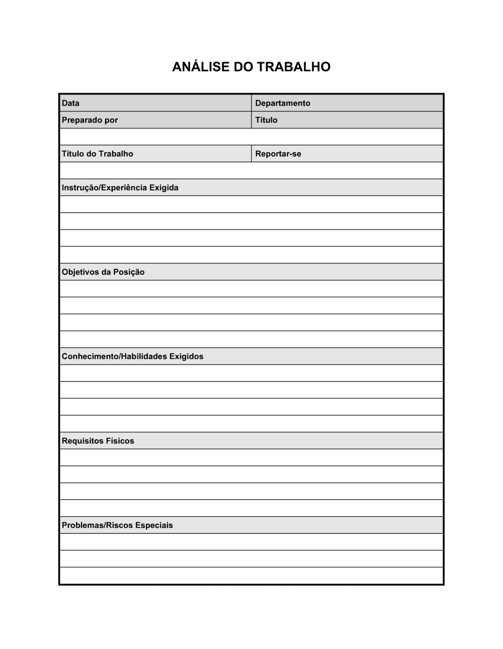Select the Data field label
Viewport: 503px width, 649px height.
[x=70, y=103]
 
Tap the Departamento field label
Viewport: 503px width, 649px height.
[x=283, y=103]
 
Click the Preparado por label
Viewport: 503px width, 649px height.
[x=90, y=120]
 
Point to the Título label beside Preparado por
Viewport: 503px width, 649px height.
[x=266, y=120]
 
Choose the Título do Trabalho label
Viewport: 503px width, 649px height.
[x=98, y=154]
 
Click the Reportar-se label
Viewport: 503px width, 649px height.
[x=278, y=154]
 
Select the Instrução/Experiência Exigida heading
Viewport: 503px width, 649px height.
[x=120, y=188]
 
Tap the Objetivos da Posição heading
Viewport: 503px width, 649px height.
[x=103, y=272]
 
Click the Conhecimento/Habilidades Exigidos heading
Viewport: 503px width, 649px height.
[x=133, y=357]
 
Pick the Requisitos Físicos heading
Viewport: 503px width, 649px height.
[x=98, y=441]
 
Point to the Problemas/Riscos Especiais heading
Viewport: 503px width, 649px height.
[x=117, y=525]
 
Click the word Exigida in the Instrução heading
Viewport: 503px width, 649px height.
[x=164, y=188]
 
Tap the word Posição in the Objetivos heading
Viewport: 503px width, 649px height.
[x=129, y=272]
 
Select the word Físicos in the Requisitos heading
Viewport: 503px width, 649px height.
[x=120, y=441]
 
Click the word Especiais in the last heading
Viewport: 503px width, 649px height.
[x=153, y=525]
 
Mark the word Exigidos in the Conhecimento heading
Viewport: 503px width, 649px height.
[x=186, y=357]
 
